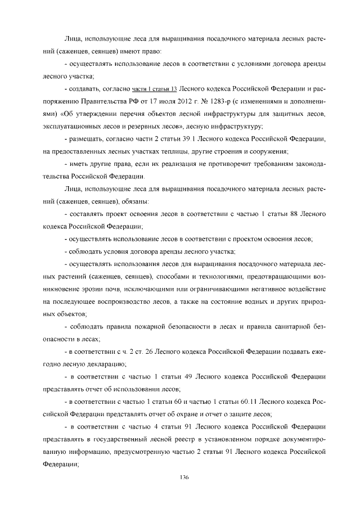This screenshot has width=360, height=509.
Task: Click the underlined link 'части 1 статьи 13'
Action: click(x=155, y=89)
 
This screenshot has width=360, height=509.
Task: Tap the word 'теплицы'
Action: click(x=164, y=151)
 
